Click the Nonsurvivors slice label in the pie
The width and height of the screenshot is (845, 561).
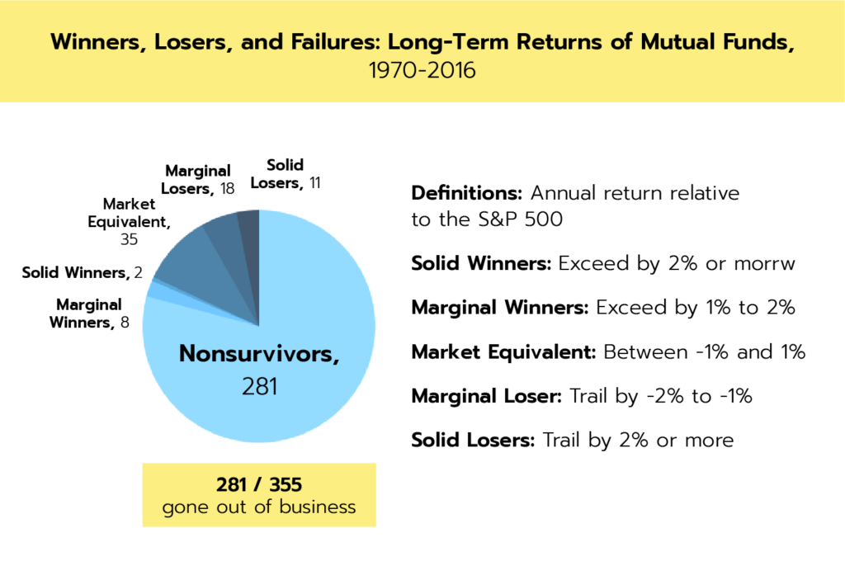tap(259, 354)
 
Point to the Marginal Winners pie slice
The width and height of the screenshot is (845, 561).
tap(162, 293)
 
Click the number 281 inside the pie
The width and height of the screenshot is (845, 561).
tap(259, 386)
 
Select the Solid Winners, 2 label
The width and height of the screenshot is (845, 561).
tap(82, 273)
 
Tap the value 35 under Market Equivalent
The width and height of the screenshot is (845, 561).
tap(129, 239)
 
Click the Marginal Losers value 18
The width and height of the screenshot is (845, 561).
tap(227, 189)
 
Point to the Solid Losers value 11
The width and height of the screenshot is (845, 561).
tap(314, 183)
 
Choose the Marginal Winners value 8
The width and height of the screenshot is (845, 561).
tap(125, 323)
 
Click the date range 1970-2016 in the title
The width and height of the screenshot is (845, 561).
tap(422, 71)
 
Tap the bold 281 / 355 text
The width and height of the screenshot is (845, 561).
tap(259, 484)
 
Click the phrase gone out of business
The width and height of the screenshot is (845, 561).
tap(259, 507)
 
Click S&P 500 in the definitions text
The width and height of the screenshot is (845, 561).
tap(521, 219)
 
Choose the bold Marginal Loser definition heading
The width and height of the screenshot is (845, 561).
tap(487, 396)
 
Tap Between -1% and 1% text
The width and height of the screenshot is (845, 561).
tap(705, 352)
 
